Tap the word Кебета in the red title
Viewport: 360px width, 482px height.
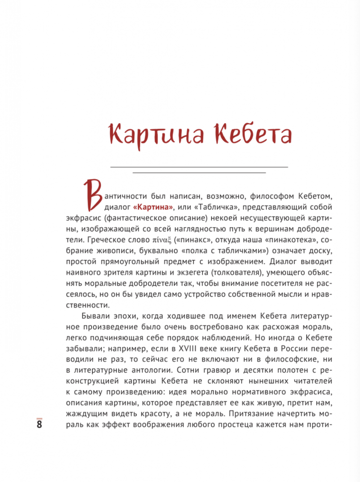(x=249, y=135)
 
